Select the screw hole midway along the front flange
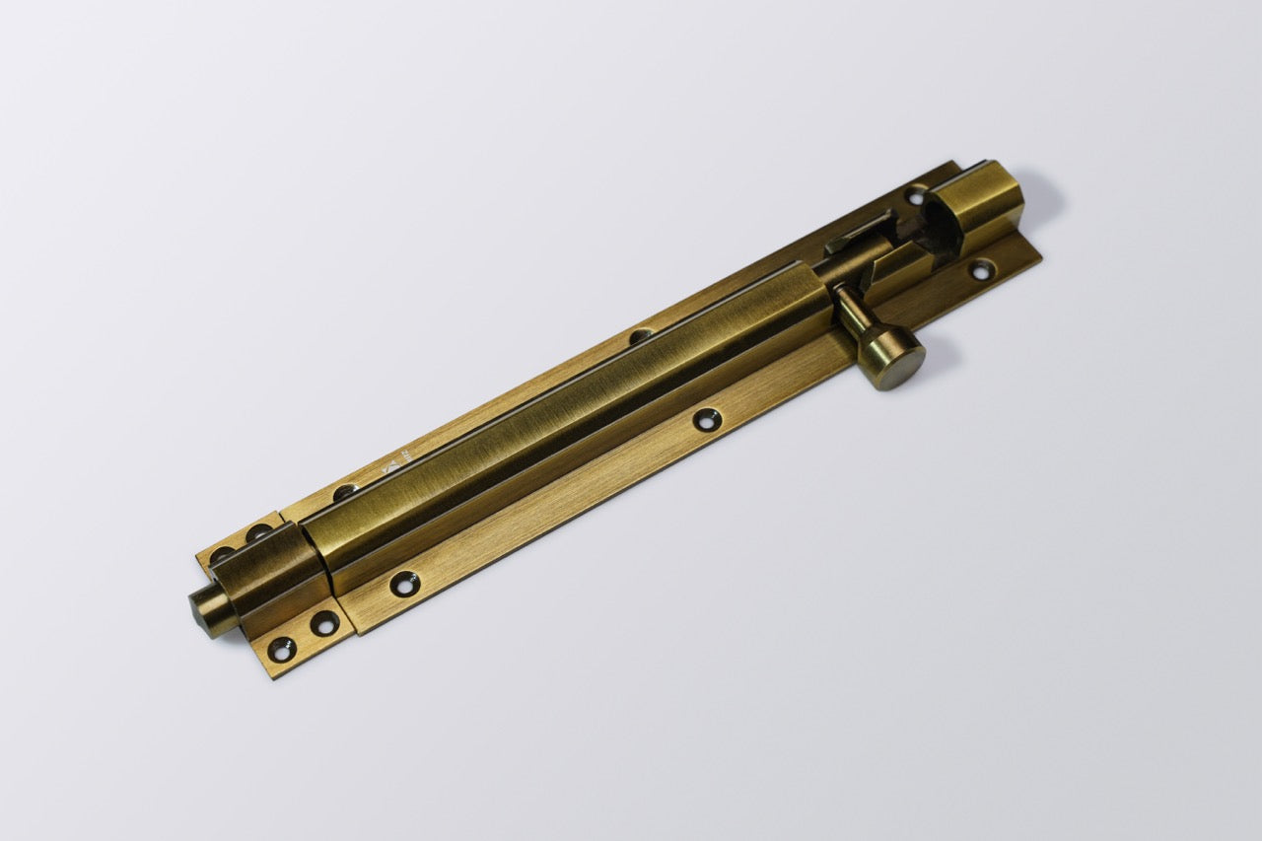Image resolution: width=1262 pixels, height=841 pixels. (x=703, y=421)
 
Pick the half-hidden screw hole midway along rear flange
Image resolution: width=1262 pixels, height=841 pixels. (x=640, y=336)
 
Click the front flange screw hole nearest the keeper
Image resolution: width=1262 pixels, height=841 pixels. (x=404, y=585)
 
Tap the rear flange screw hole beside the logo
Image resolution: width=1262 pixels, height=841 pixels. (x=345, y=492)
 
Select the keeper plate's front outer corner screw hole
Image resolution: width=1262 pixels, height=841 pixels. (x=282, y=649)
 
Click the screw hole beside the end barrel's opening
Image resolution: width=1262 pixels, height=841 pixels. (x=918, y=197)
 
